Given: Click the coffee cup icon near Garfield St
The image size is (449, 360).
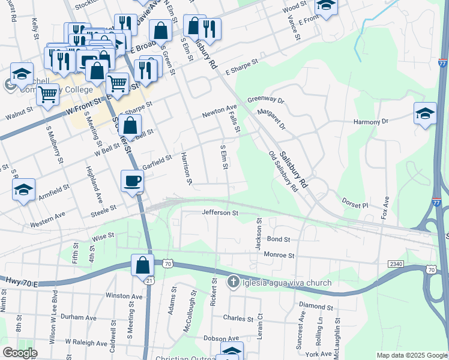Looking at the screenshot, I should click(131, 180).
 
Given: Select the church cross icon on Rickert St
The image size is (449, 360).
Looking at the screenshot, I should click(234, 281).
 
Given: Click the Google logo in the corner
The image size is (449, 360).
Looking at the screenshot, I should click(20, 353).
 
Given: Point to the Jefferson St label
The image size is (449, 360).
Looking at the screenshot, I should click(220, 212).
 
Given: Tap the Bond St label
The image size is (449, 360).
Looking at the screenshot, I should click(279, 239).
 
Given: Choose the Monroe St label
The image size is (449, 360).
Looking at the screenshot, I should click(279, 255).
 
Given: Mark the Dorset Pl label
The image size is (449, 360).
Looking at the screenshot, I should click(355, 205).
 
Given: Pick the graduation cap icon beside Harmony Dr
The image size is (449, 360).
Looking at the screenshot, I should click(425, 113).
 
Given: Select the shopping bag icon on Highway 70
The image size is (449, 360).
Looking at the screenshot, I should click(143, 265).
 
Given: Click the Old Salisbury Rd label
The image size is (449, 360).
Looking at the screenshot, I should click(283, 171).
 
